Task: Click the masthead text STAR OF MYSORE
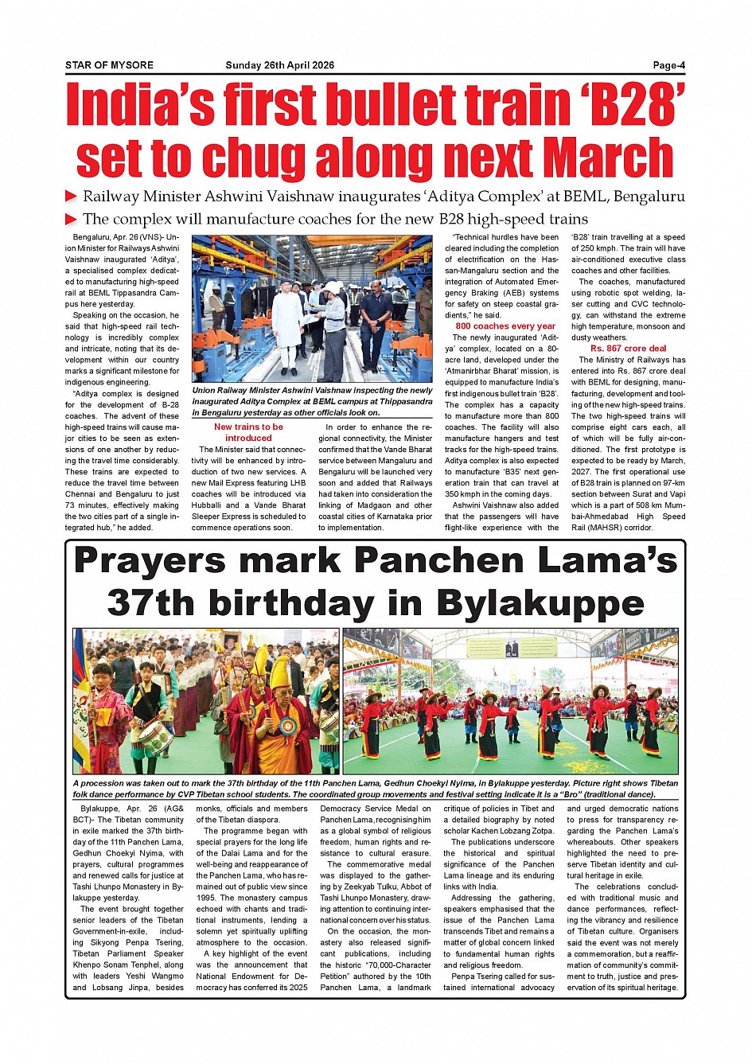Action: (x=109, y=65)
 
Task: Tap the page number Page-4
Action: (x=668, y=65)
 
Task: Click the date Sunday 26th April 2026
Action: (x=279, y=65)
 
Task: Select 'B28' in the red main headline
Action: (x=628, y=106)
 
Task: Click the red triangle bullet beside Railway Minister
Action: (x=71, y=197)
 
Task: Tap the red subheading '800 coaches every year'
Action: (x=505, y=326)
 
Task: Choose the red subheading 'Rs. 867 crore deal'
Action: (x=628, y=349)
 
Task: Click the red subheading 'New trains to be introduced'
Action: (x=248, y=432)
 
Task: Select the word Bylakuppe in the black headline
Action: (x=540, y=603)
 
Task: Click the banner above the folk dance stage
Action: (x=512, y=647)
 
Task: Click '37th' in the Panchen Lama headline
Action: (x=148, y=603)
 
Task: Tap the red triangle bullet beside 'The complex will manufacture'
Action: (x=71, y=219)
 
